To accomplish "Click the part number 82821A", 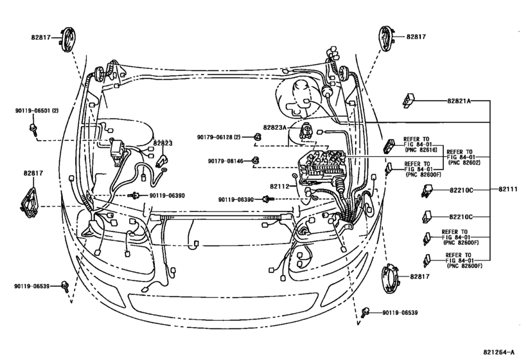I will [x=460, y=102].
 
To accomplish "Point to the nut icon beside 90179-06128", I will [x=256, y=136].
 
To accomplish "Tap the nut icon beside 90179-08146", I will [x=255, y=159].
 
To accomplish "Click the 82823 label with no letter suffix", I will [x=163, y=143].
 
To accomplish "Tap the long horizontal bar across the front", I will [x=218, y=219].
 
